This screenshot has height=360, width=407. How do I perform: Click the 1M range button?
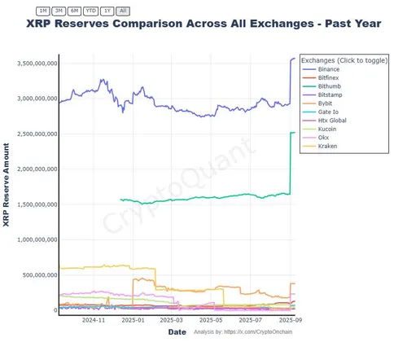click(x=43, y=11)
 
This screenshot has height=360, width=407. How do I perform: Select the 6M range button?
click(x=74, y=11)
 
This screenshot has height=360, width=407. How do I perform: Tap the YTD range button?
click(x=91, y=11)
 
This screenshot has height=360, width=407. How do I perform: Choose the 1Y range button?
click(x=107, y=11)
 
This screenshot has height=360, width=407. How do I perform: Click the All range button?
click(x=122, y=11)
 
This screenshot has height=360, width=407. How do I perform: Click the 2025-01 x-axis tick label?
click(x=133, y=321)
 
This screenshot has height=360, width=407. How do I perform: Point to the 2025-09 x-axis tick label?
click(x=292, y=321)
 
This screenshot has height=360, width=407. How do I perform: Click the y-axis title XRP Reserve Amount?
click(x=7, y=186)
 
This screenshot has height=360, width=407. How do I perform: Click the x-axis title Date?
click(x=177, y=332)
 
